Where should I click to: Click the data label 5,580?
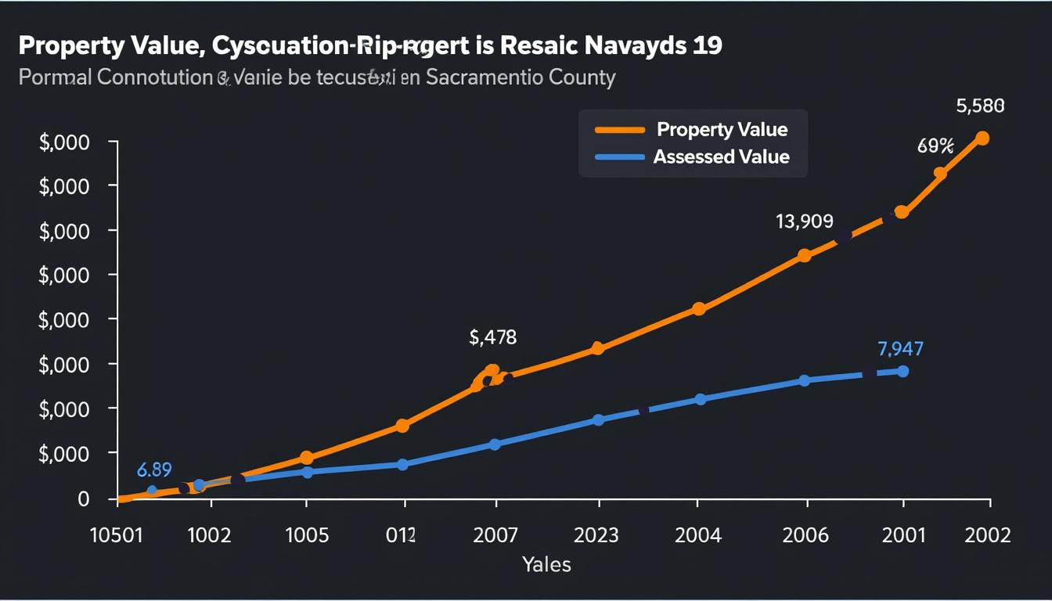coord(980,106)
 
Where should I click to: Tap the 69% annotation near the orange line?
coord(935,146)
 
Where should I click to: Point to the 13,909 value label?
coord(804,221)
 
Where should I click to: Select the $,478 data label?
coord(492,337)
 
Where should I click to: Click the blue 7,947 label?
coord(900,348)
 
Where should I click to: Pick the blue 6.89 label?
coord(154,470)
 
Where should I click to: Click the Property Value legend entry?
coord(722,130)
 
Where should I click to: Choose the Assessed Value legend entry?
coord(721,157)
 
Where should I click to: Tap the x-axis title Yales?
coord(546,564)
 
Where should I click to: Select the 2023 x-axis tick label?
coord(596,535)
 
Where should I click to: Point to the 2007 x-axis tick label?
coord(495,535)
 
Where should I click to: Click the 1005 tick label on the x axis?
coord(306,535)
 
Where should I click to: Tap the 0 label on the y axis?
coord(84,499)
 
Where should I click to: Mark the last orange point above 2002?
coord(982,139)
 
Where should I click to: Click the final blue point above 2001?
coord(902,371)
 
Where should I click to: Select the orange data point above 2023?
coord(597,348)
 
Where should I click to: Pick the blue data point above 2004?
coord(700,399)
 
